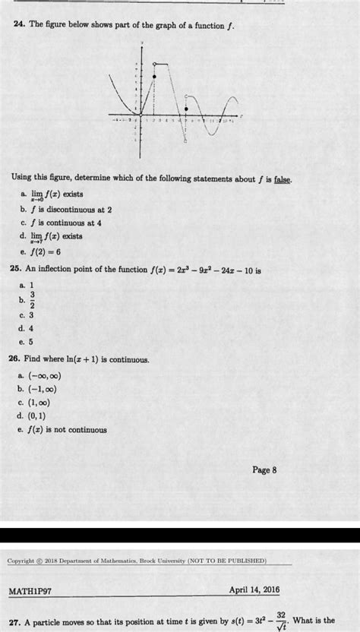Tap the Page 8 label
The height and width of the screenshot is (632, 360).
[x=264, y=469]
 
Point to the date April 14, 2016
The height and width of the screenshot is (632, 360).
[x=254, y=589]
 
